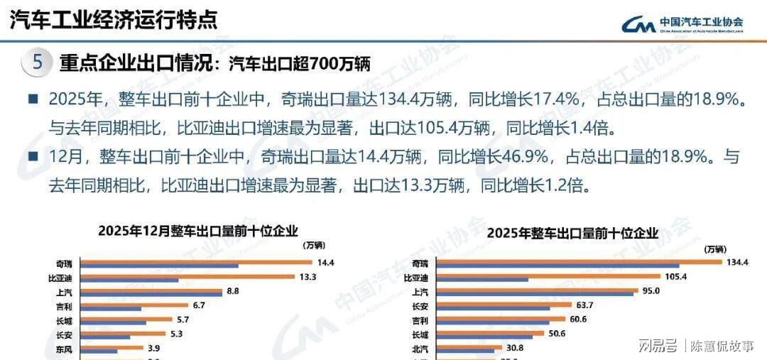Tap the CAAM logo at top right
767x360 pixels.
click(682, 25)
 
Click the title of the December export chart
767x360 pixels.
click(198, 231)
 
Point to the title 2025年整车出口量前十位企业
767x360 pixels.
click(573, 233)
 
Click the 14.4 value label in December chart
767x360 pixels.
click(326, 263)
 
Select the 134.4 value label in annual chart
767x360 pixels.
click(737, 262)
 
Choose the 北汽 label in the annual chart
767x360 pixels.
click(420, 348)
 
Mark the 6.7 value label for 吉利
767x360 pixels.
click(199, 305)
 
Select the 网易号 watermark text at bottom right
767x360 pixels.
click(657, 347)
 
